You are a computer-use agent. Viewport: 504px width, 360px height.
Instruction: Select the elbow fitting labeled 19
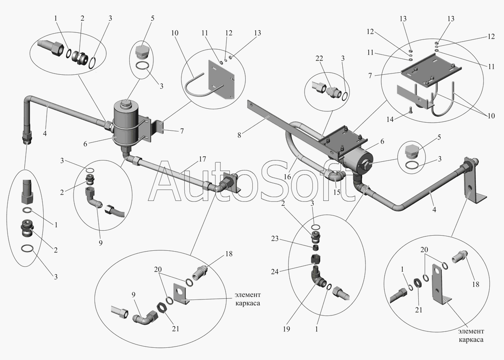coord(317,278)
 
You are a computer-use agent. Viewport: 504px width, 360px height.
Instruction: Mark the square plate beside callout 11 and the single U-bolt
coord(222,79)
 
